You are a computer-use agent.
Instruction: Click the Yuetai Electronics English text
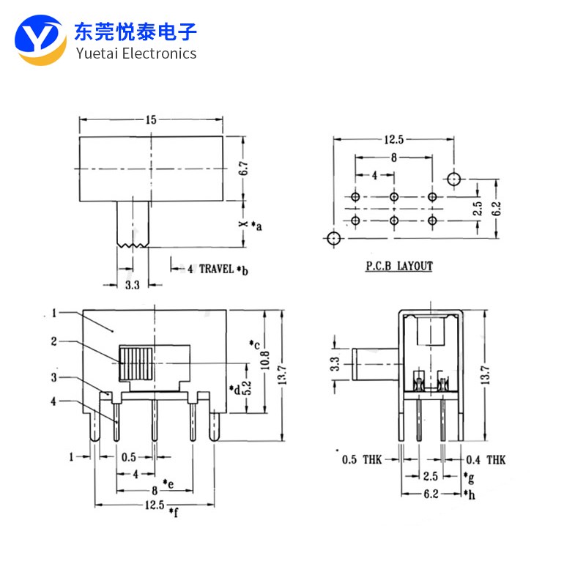click(136, 53)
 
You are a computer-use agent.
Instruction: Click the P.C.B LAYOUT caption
click(399, 267)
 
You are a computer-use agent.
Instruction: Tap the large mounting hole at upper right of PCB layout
click(454, 179)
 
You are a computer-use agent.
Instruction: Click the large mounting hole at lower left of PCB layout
click(333, 238)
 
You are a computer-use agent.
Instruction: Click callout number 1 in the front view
click(54, 314)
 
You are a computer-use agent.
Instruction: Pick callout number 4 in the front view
click(54, 401)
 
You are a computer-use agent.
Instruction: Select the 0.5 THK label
click(361, 460)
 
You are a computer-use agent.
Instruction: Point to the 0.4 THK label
click(486, 460)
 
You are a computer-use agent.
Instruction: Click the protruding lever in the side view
click(374, 363)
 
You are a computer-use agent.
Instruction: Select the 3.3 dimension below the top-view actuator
click(132, 285)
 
